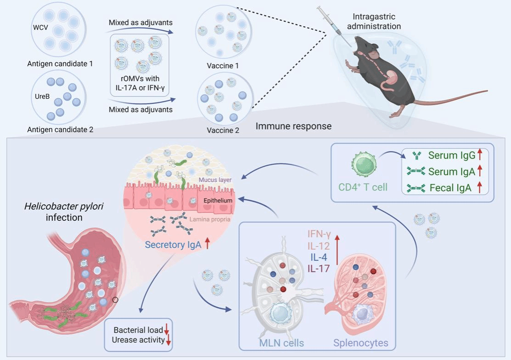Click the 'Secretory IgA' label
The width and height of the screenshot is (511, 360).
click(173, 245)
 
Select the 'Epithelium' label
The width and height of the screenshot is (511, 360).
click(219, 201)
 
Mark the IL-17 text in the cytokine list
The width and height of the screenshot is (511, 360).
click(318, 269)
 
